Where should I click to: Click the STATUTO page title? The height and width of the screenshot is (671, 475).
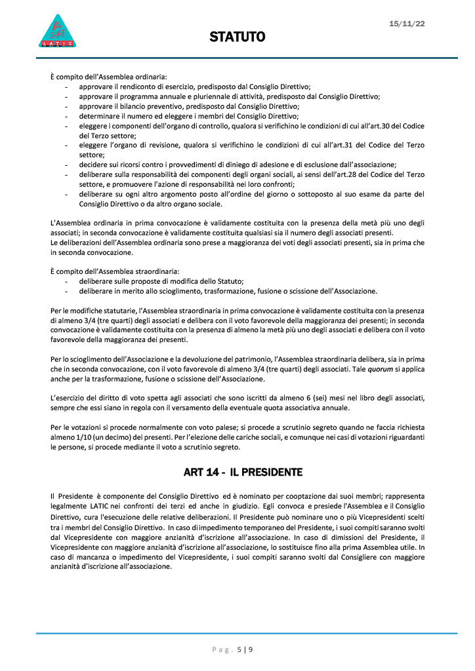237,37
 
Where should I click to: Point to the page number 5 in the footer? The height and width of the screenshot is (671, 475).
239,650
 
